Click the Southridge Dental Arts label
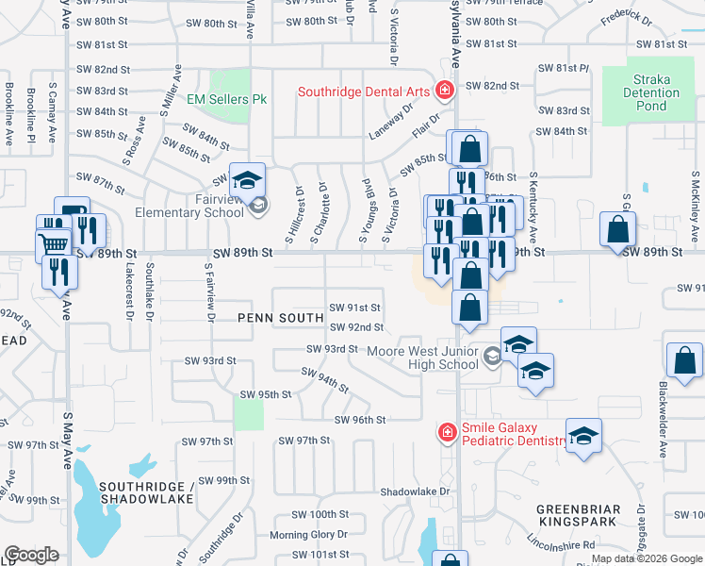[364, 92]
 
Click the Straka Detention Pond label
[650, 92]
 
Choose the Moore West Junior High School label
[422, 358]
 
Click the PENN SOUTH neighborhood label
[281, 319]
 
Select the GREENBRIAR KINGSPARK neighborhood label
[579, 516]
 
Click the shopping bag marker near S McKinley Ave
[618, 229]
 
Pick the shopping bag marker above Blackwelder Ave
[684, 360]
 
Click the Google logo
[31, 555]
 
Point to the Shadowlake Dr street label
[416, 491]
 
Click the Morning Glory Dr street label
[302, 536]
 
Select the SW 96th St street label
[360, 419]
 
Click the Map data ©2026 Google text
[646, 558]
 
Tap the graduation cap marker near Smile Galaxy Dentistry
[583, 436]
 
